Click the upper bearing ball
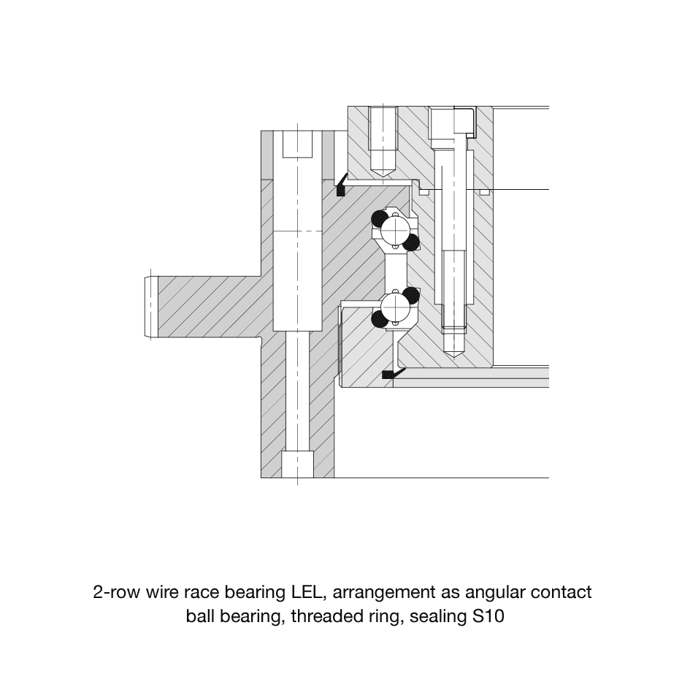395,230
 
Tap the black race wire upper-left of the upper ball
380,218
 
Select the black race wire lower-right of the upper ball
411,242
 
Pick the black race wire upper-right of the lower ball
411,295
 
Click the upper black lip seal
340,185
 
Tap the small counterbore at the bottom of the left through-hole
297,464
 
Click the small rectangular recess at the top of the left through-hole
297,144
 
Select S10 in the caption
488,616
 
